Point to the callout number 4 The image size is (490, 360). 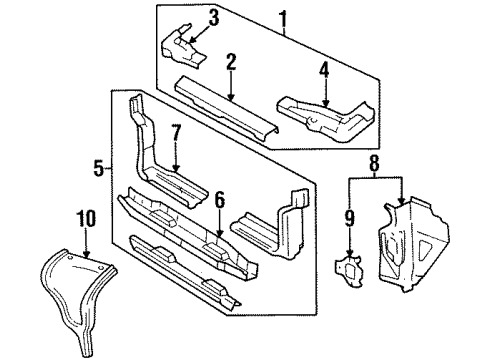click(x=325, y=70)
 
